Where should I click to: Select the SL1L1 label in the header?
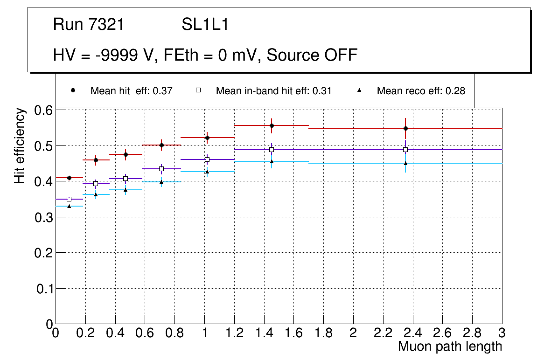tap(205, 24)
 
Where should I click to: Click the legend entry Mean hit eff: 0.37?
tap(131, 91)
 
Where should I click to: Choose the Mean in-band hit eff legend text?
tap(273, 91)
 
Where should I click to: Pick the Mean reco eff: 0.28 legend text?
tap(421, 91)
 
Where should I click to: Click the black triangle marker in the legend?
tap(359, 90)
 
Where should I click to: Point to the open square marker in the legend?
tap(198, 90)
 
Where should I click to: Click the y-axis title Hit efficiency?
tap(20, 145)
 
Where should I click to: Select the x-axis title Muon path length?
tap(450, 346)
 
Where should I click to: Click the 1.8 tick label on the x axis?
tap(323, 333)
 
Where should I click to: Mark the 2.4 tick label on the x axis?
tap(413, 333)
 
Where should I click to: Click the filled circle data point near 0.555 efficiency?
tap(272, 125)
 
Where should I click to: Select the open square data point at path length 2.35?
tap(405, 150)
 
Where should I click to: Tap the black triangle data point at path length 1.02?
tap(207, 172)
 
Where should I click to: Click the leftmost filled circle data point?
tap(69, 178)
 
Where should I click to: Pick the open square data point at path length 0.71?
tap(161, 169)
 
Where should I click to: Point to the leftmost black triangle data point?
tap(69, 206)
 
